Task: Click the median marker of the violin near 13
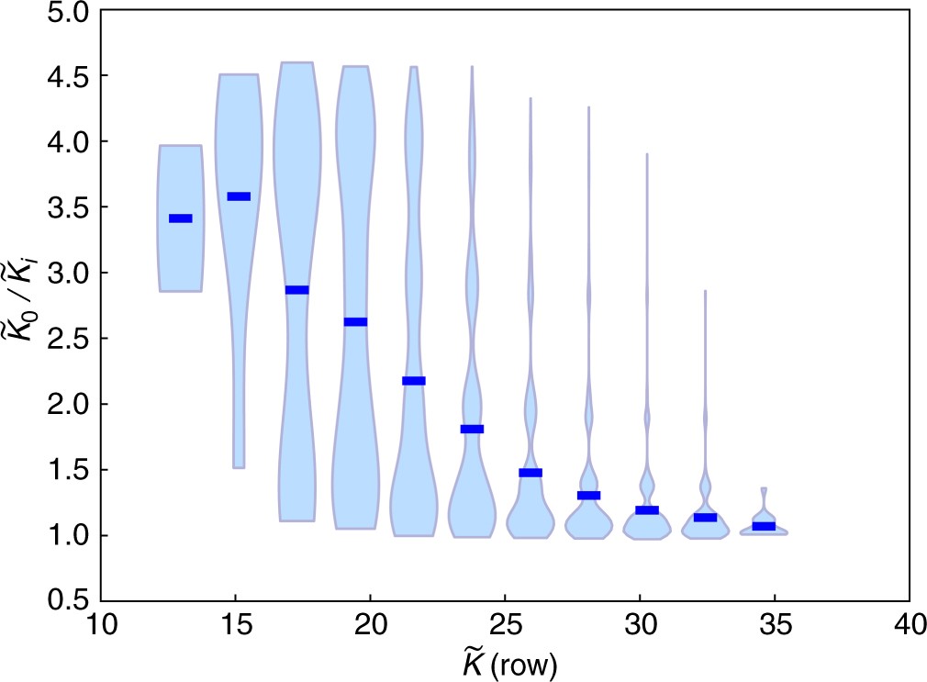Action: pos(180,218)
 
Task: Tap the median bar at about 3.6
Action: pos(239,196)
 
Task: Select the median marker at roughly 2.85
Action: pos(296,290)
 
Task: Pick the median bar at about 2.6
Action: pos(355,321)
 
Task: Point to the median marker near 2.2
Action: pos(414,381)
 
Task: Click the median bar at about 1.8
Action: pos(472,429)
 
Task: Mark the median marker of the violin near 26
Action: pos(531,473)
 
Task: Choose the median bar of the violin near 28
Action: pos(588,496)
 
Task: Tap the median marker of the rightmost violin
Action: pos(764,526)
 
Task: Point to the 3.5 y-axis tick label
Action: pos(67,207)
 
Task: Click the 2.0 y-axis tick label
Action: pos(67,404)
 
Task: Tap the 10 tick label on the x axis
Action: pos(102,628)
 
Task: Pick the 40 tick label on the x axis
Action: pos(909,628)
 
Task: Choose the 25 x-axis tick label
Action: pos(506,628)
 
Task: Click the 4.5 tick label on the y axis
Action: pos(67,76)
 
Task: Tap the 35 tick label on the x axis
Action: pos(775,628)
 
